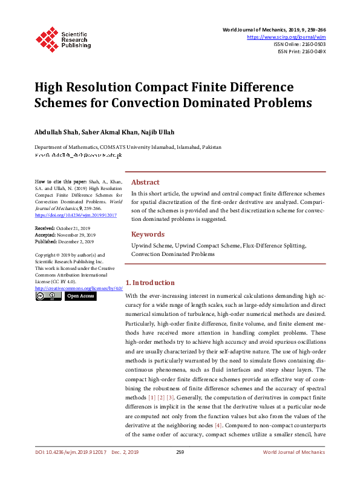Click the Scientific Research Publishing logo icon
coord(47,38)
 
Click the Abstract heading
coord(145,182)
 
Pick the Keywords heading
coord(148,234)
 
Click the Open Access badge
coord(80,297)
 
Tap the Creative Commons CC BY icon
coord(48,297)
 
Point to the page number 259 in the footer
coord(180,452)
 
